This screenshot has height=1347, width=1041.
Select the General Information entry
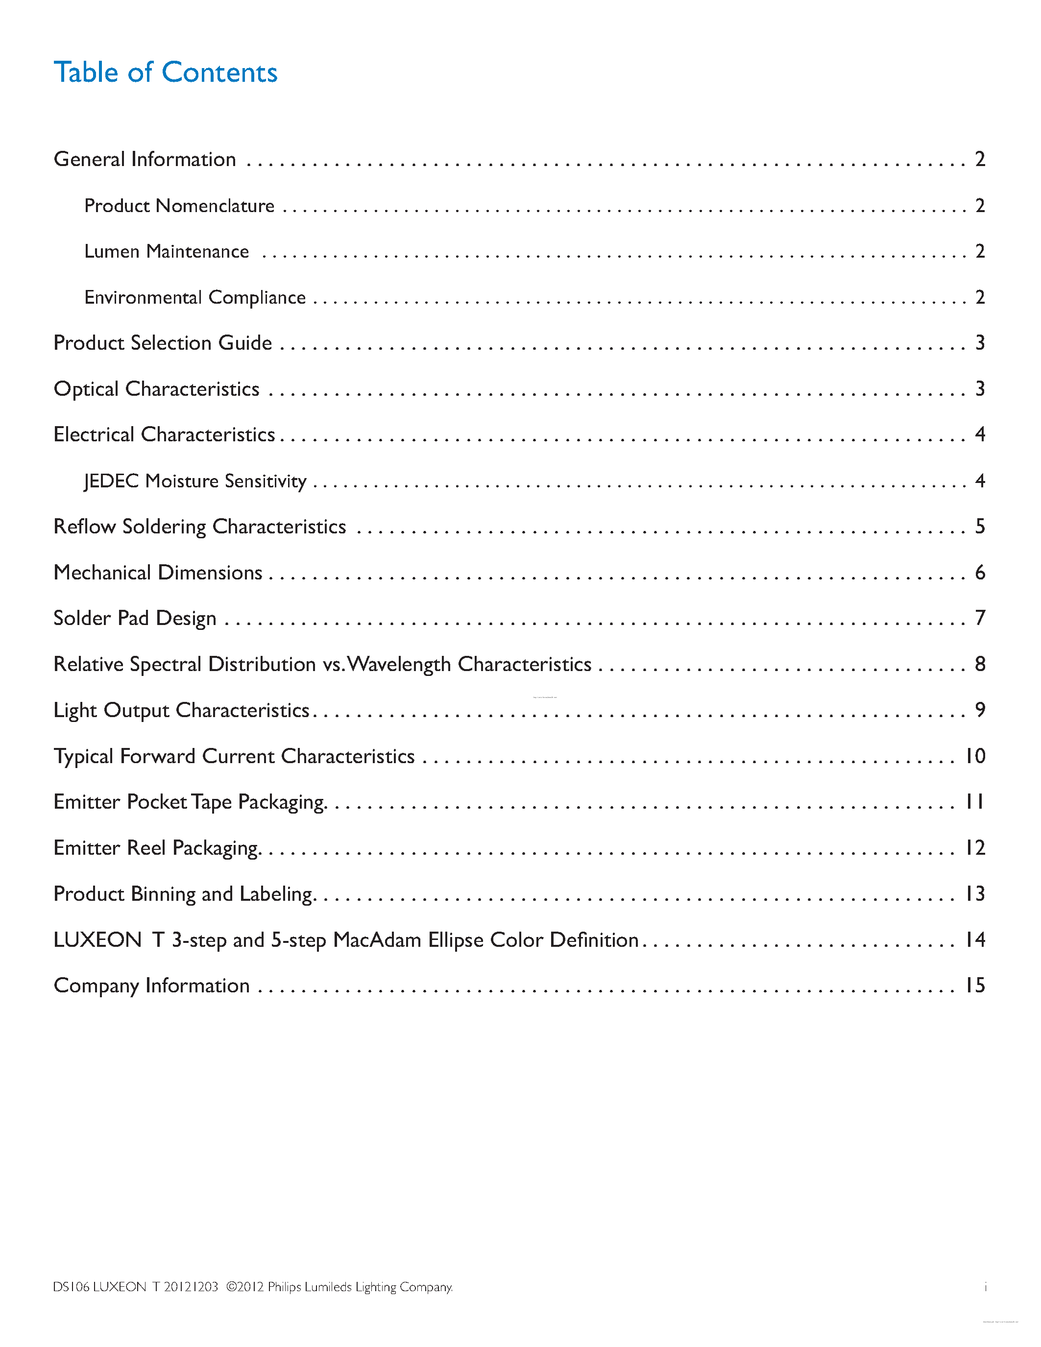click(145, 159)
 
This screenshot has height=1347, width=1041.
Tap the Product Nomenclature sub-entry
click(179, 205)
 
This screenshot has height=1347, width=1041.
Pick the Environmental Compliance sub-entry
click(195, 297)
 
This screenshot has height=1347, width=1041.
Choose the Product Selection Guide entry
click(163, 343)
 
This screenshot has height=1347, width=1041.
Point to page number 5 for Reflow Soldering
click(980, 526)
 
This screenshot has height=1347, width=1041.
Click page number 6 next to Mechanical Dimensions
click(980, 572)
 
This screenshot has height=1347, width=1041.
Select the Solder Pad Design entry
click(135, 618)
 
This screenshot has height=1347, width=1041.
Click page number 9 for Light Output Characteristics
click(980, 710)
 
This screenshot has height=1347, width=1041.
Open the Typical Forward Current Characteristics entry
click(234, 756)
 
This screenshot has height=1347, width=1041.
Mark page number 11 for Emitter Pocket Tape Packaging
click(975, 802)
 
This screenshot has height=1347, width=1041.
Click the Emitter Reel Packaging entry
click(157, 848)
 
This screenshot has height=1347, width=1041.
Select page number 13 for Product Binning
click(975, 894)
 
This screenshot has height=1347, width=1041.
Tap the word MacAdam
click(377, 940)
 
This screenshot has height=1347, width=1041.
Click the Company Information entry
click(152, 986)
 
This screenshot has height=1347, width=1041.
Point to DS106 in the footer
click(71, 1287)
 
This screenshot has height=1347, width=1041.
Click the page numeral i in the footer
click(985, 1287)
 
